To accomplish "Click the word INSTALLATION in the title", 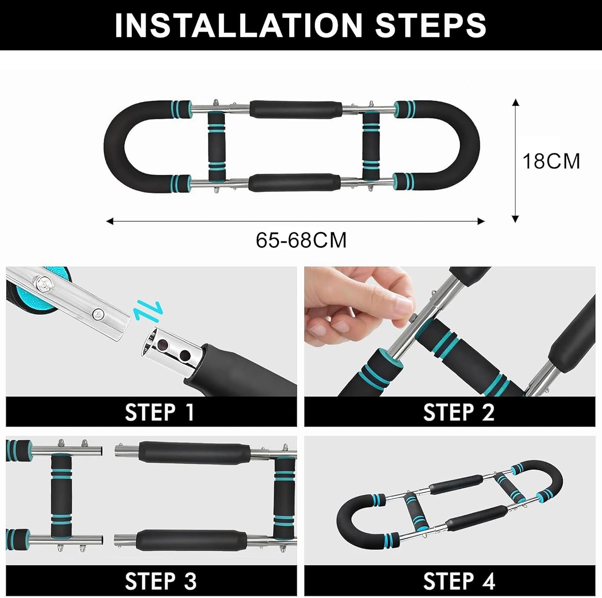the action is (238, 25).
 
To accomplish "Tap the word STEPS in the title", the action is (431, 25).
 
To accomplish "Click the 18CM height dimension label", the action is (551, 161).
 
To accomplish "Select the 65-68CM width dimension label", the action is (301, 240).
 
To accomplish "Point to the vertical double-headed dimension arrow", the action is (516, 160).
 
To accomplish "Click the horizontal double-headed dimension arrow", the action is (295, 221).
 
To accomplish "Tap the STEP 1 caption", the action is (160, 412).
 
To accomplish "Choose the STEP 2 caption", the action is (459, 412).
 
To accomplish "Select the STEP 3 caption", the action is (161, 581).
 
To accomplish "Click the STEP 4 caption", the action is (459, 581).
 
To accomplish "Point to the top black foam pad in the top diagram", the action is (296, 109).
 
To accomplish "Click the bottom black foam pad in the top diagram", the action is (294, 183).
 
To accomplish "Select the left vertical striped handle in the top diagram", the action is (217, 147).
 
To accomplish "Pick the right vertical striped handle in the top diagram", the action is (371, 147).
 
